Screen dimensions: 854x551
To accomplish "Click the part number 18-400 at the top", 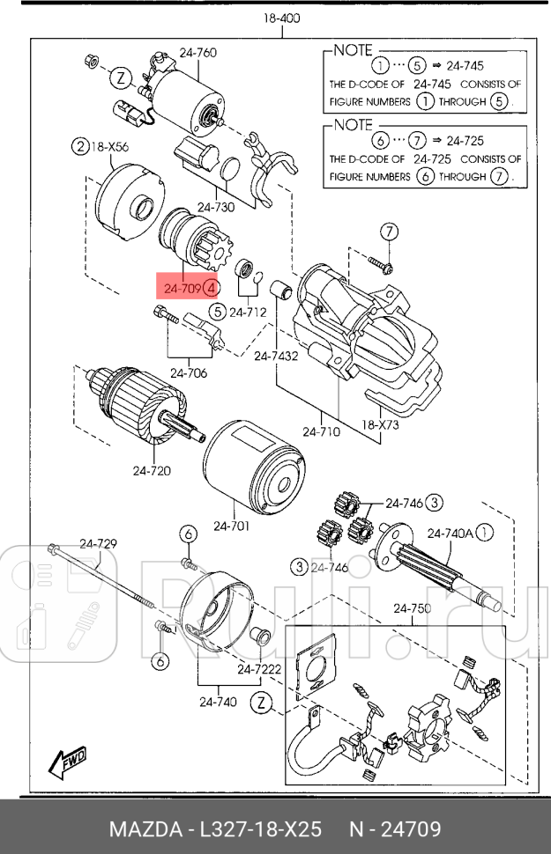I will click(x=281, y=18).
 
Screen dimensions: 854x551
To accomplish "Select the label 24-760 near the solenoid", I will click(x=198, y=53).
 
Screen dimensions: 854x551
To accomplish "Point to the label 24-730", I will click(x=217, y=208).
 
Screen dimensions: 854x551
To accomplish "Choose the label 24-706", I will click(x=190, y=373).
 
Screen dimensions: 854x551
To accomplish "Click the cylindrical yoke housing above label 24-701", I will click(x=254, y=466).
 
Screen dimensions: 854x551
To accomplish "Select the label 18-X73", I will click(x=381, y=424).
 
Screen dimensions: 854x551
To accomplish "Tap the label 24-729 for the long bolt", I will click(x=98, y=543).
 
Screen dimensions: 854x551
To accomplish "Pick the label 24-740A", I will click(x=450, y=532).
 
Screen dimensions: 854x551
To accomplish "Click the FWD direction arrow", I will click(x=67, y=763).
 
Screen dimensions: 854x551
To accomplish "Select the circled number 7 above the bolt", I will click(x=389, y=232).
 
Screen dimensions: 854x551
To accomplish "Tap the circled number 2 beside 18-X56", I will click(x=80, y=147).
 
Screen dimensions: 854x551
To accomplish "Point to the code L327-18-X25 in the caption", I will click(x=265, y=829).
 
